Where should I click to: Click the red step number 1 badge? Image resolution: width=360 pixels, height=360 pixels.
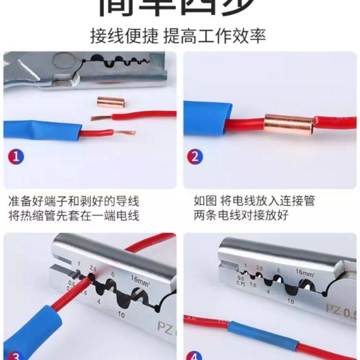pyautogui.click(x=17, y=157)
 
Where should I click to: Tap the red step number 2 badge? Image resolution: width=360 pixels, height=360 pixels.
pyautogui.click(x=195, y=157)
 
